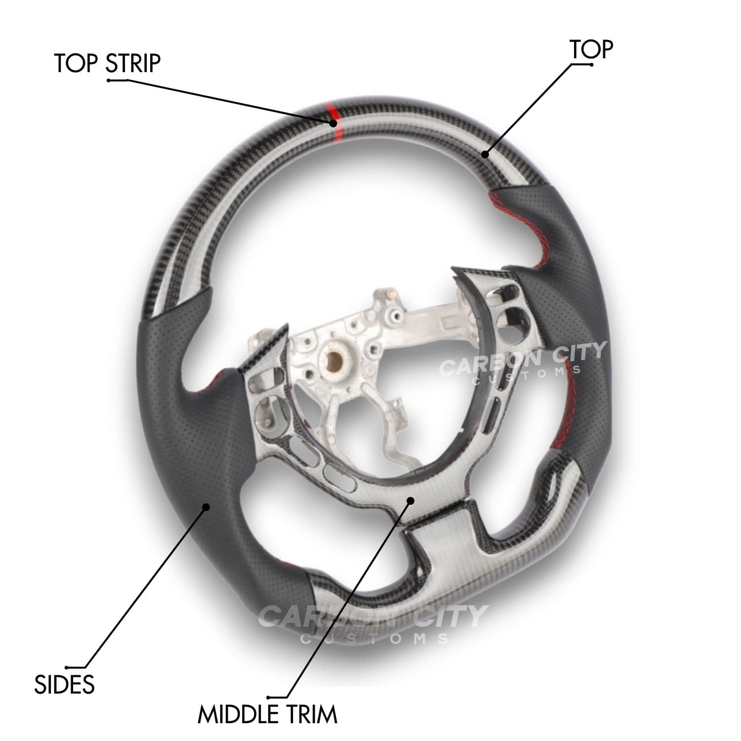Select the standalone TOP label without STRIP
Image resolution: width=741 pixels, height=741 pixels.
pos(591,49)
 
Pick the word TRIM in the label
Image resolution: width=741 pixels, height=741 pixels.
pos(310,714)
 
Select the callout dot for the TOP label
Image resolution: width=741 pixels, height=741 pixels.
pos(486,155)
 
